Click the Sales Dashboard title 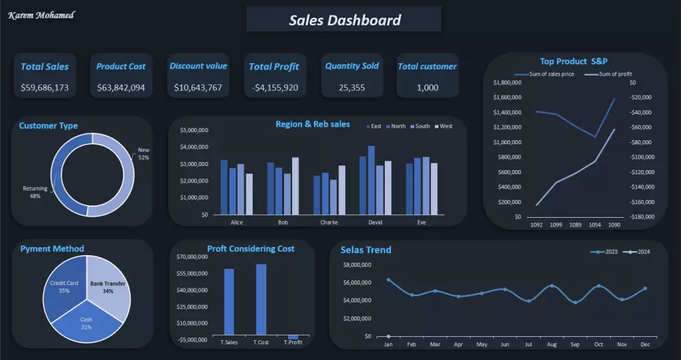tap(345, 20)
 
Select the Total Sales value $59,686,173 tap(45, 88)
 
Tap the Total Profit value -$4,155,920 tap(274, 88)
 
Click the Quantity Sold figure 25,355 tap(351, 88)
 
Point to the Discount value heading tap(198, 66)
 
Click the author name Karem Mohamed tap(42, 15)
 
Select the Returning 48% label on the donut tap(35, 192)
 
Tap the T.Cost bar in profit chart tap(261, 299)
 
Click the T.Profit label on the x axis tap(294, 342)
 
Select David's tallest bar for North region tap(371, 180)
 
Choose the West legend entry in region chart tap(443, 126)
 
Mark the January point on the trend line tap(388, 280)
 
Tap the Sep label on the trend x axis tap(575, 344)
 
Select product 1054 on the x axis tap(595, 225)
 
